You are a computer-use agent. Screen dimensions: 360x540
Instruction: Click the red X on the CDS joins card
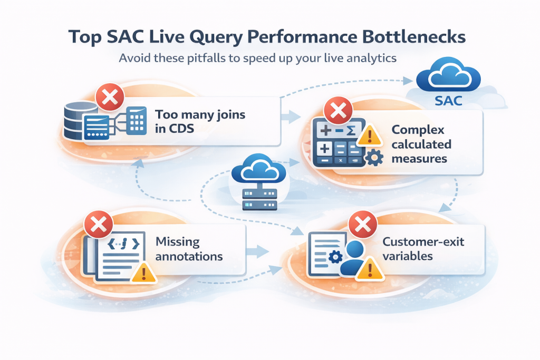110,97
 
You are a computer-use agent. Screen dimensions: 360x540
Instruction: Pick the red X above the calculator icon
337,112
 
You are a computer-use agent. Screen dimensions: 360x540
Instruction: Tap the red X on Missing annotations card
98,225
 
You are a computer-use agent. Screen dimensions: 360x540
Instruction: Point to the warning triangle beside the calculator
369,136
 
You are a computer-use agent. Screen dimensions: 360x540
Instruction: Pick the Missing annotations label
189,249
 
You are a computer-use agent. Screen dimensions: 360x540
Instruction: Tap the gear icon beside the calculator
373,158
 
